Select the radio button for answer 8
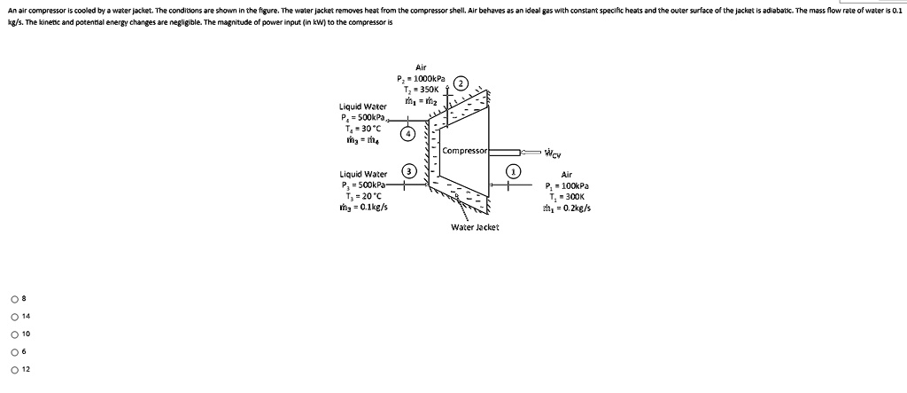point(14,298)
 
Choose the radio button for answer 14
point(14,316)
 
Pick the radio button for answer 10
point(14,334)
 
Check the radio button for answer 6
point(14,352)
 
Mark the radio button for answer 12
point(14,370)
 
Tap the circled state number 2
point(461,83)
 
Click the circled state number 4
point(407,134)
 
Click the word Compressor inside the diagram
point(466,152)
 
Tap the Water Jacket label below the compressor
point(475,227)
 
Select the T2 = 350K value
point(422,89)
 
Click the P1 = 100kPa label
point(569,186)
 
